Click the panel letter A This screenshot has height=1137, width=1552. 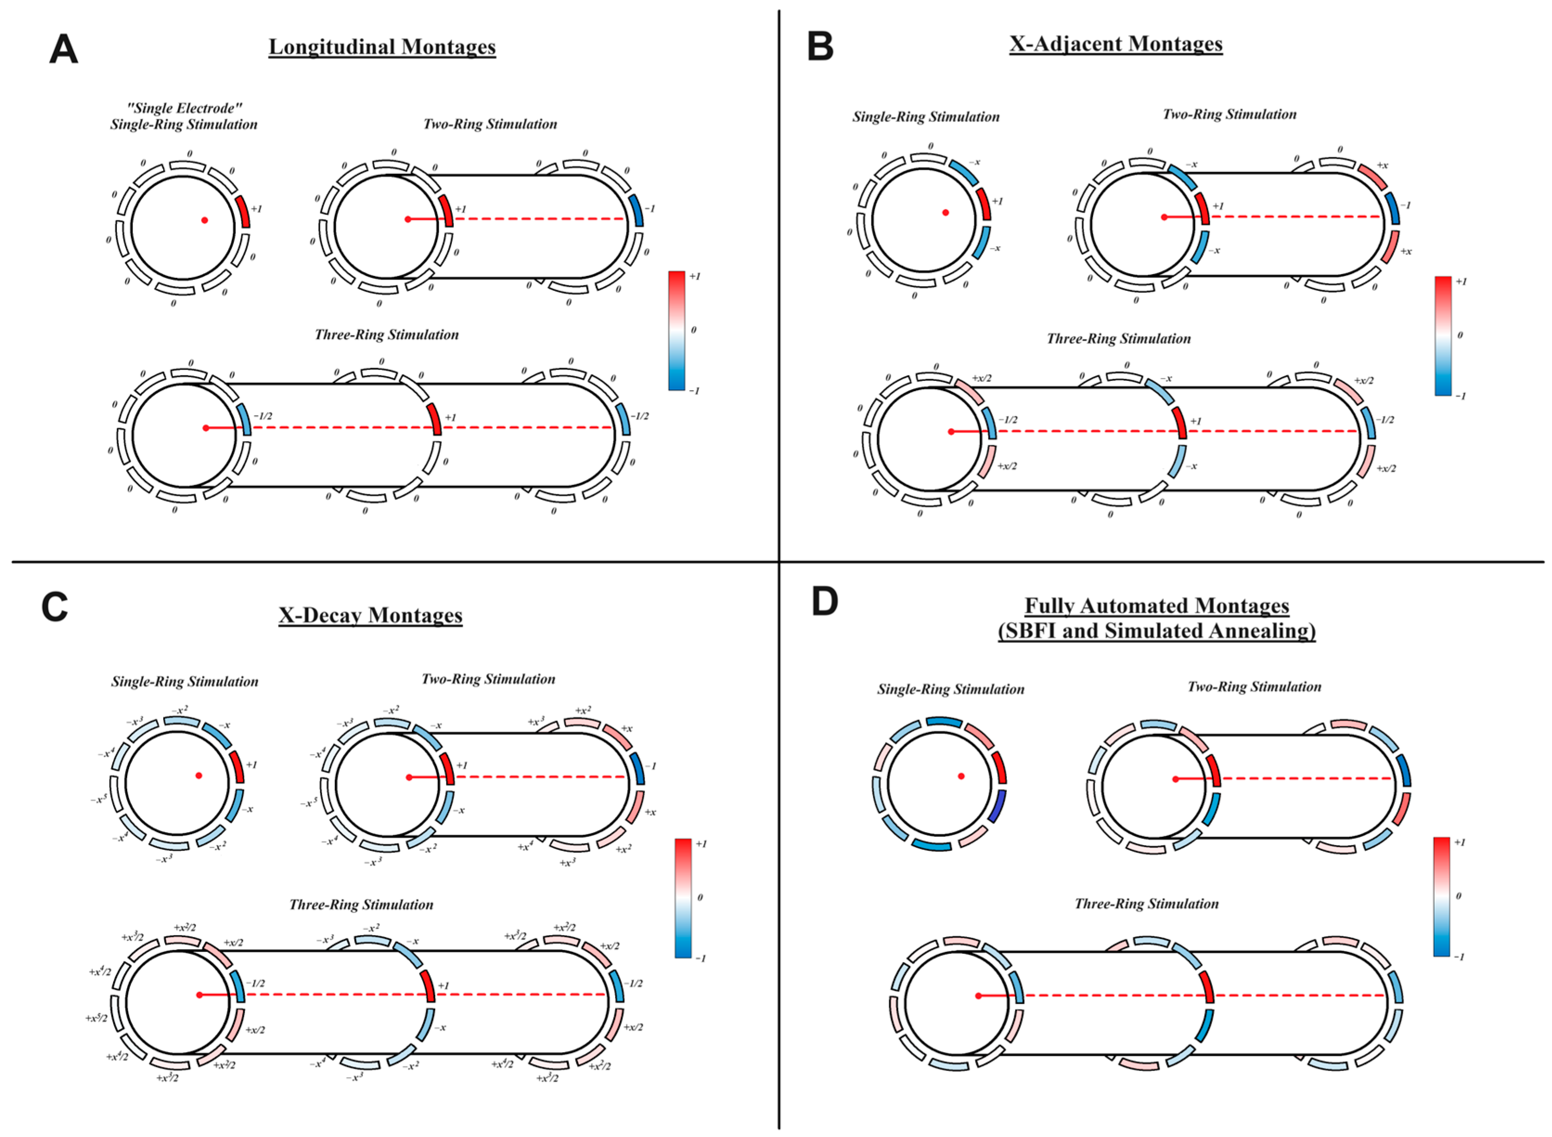(x=64, y=50)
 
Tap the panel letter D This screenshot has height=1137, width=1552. (x=825, y=602)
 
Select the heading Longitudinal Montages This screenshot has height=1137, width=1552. (x=382, y=47)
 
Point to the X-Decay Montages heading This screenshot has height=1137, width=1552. (x=370, y=615)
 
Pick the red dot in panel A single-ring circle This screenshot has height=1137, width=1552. (x=205, y=220)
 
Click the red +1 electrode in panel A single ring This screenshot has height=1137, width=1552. (x=242, y=211)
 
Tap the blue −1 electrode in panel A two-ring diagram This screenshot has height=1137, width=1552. (x=636, y=211)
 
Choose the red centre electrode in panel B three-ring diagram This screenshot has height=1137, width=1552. (x=1180, y=423)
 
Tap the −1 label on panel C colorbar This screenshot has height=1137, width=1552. (x=701, y=958)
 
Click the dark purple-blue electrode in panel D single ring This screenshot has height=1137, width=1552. (x=997, y=806)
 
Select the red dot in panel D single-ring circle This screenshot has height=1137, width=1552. (x=962, y=777)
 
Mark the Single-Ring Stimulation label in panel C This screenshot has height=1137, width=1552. (x=185, y=682)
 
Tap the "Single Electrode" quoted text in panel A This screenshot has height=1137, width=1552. (x=185, y=109)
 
